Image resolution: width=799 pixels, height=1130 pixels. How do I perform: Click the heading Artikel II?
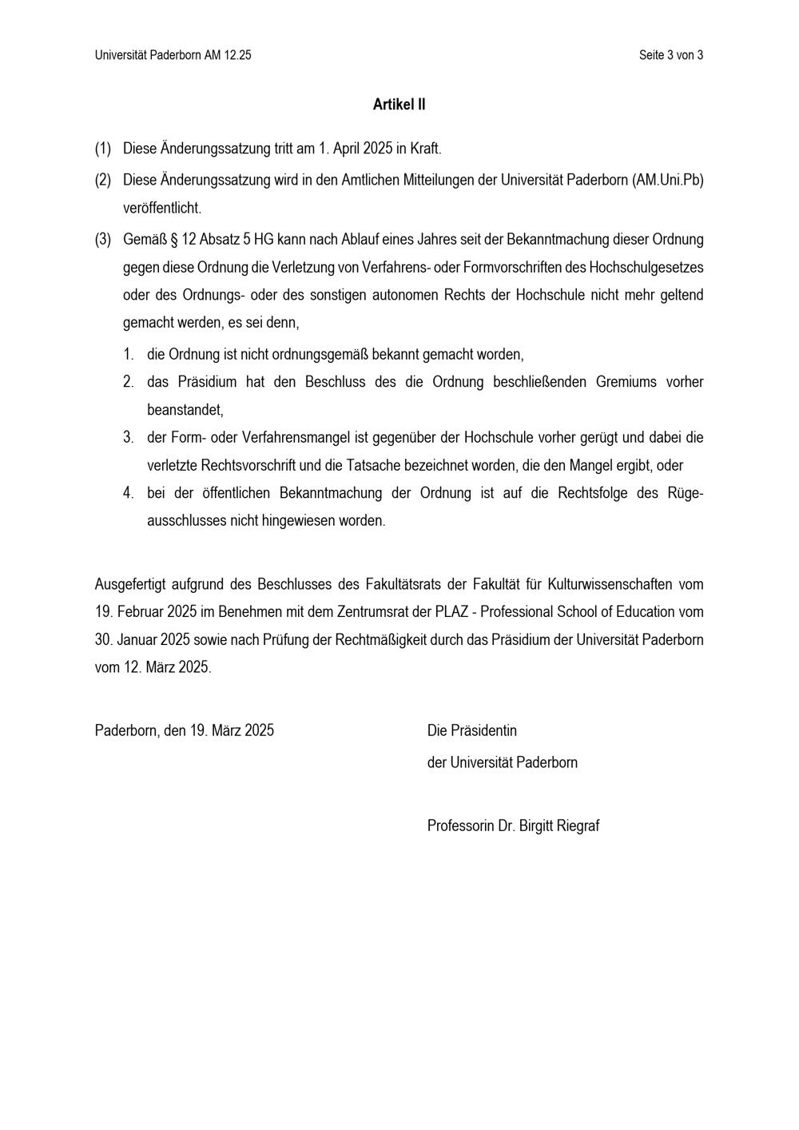(x=399, y=105)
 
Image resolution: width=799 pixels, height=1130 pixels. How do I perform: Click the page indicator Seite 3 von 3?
(x=670, y=55)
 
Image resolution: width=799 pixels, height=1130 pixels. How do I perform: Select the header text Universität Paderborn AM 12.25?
(x=173, y=55)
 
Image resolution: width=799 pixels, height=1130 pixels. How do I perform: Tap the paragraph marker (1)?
(x=103, y=149)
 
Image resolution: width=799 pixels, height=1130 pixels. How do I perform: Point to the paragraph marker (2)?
(x=103, y=180)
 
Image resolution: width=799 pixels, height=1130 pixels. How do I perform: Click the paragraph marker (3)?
(x=103, y=239)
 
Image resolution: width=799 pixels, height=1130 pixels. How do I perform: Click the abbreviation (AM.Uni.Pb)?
(x=667, y=180)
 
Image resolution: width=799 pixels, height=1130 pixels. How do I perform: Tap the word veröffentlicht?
(x=162, y=208)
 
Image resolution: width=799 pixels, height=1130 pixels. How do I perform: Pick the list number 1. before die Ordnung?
(x=128, y=354)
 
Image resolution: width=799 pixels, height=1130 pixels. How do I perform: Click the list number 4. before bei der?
(x=128, y=493)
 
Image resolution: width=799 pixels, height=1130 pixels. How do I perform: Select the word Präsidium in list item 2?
(x=203, y=382)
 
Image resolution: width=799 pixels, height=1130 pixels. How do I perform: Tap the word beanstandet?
(x=185, y=410)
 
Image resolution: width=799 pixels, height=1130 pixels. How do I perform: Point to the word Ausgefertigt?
(x=130, y=584)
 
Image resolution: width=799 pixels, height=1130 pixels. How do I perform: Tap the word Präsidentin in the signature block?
(x=483, y=730)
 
